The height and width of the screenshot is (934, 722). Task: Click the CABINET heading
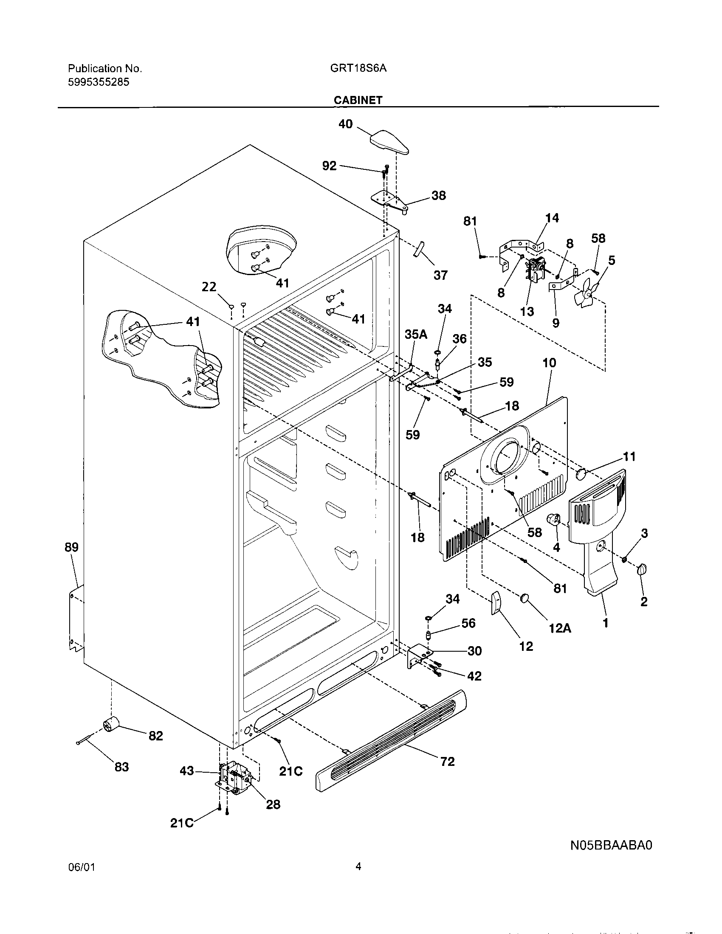point(358,100)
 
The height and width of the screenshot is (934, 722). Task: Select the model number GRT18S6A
point(358,68)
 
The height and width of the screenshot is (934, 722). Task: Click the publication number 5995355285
point(99,82)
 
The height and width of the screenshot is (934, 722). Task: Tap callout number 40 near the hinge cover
point(345,124)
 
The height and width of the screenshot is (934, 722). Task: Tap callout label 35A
point(416,334)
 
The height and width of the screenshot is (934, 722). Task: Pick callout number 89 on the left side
point(72,547)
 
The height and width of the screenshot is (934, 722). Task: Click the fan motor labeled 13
point(535,272)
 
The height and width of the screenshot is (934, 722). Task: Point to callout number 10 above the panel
point(549,363)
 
